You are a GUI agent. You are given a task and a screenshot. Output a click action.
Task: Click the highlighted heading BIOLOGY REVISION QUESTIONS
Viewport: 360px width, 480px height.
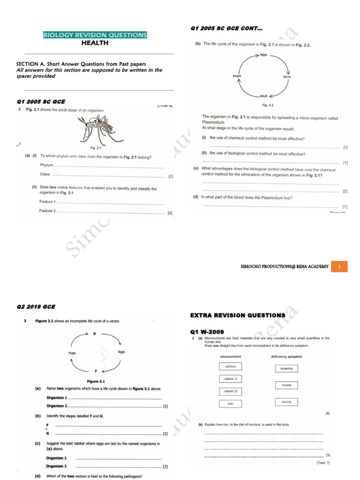tap(95, 35)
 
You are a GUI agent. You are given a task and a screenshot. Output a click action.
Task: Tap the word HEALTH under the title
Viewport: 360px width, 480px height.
tap(95, 43)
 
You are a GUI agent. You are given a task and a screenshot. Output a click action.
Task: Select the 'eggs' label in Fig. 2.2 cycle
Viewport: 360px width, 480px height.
tap(263, 54)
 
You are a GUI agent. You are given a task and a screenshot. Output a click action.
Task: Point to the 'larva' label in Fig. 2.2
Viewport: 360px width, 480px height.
tap(287, 76)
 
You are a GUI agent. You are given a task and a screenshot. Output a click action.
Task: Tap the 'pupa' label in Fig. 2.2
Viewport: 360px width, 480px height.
tap(237, 75)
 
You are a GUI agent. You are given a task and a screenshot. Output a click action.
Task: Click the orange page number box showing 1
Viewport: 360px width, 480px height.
tap(345, 266)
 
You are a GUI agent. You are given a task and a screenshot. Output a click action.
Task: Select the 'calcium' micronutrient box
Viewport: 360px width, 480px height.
tap(231, 366)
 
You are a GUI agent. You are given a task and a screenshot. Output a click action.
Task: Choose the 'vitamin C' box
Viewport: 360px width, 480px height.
tap(231, 379)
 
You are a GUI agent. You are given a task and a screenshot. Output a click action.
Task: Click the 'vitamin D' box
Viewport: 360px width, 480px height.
tap(231, 391)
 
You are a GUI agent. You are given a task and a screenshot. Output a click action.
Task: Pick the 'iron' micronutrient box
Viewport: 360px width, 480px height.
tap(231, 403)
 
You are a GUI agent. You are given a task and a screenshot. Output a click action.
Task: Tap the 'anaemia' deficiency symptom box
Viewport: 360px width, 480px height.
tap(286, 368)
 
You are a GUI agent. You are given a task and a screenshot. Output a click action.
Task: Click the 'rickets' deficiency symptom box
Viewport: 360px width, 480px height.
tap(286, 385)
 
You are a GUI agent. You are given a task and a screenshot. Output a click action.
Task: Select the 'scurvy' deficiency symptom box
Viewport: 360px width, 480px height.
tap(286, 402)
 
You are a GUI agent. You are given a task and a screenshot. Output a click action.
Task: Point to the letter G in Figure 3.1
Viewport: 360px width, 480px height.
tap(94, 334)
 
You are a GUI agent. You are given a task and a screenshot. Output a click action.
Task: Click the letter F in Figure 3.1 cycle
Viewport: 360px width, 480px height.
tap(96, 371)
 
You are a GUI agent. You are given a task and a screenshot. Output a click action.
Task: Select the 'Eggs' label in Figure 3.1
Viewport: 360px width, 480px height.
tap(121, 351)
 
